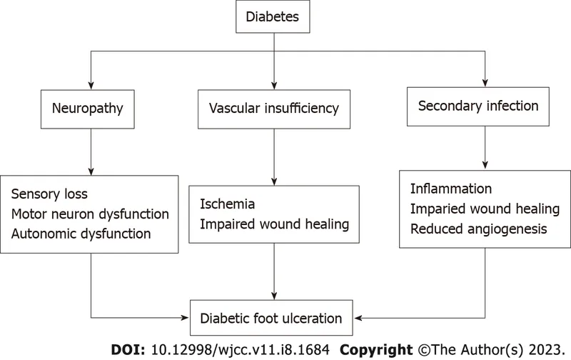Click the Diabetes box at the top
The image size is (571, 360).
[272, 16]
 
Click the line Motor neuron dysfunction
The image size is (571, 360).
[90, 214]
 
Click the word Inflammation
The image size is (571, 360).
[451, 189]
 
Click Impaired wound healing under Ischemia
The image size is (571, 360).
[274, 224]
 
